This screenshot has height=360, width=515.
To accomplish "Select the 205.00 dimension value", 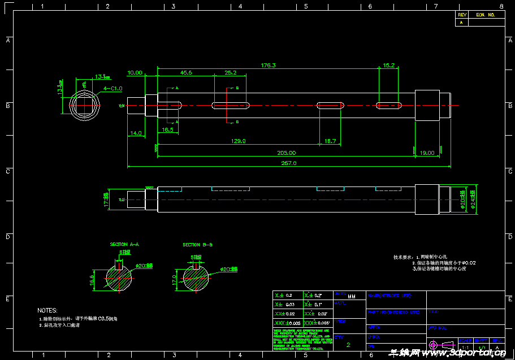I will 287,153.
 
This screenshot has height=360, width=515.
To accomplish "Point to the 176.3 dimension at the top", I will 268,66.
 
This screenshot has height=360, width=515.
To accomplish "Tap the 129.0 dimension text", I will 239,141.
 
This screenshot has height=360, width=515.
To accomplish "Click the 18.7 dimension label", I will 330,141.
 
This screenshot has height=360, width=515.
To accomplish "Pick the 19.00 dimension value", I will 427,153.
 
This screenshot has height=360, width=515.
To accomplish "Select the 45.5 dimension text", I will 185,73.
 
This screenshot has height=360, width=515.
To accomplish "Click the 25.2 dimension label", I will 231,73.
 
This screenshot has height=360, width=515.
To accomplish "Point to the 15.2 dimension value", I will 388,66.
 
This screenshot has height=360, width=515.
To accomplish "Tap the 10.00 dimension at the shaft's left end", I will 135,73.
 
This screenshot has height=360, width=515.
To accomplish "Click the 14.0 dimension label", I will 136,133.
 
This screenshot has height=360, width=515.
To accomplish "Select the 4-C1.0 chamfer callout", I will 113,88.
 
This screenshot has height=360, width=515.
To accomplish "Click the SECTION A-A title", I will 124,245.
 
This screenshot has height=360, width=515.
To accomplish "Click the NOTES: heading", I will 47,310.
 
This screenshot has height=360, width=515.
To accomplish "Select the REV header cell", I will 462,15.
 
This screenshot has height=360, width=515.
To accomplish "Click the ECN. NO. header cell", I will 486,15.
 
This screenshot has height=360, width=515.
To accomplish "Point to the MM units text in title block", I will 352,296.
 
